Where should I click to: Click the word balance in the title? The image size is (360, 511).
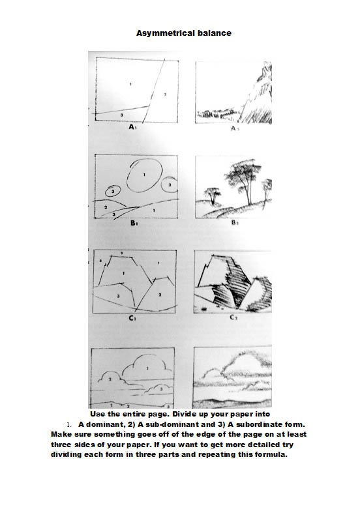tap(215, 32)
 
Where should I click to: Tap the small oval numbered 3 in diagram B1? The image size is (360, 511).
tap(113, 192)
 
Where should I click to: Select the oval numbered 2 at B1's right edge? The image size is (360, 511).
tap(169, 186)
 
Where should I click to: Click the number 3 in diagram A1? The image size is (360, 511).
tap(123, 113)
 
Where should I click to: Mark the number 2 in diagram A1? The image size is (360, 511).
tap(165, 95)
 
